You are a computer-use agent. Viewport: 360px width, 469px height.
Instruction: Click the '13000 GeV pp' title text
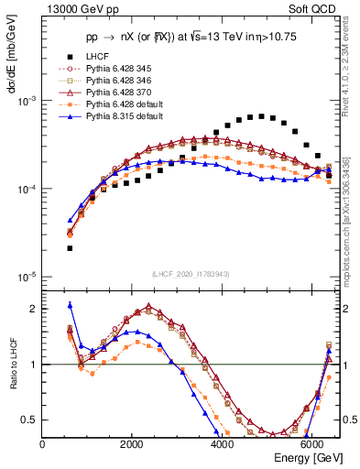coord(78,10)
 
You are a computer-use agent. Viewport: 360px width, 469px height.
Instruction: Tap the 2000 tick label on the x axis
coord(132,443)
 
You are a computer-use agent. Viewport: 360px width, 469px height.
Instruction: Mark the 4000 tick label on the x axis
coord(222,443)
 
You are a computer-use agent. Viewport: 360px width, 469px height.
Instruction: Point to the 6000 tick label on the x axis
coord(311,443)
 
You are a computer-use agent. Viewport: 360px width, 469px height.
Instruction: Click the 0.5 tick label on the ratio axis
coord(28,420)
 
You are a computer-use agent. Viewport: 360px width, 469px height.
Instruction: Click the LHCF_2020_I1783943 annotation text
coord(191,275)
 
